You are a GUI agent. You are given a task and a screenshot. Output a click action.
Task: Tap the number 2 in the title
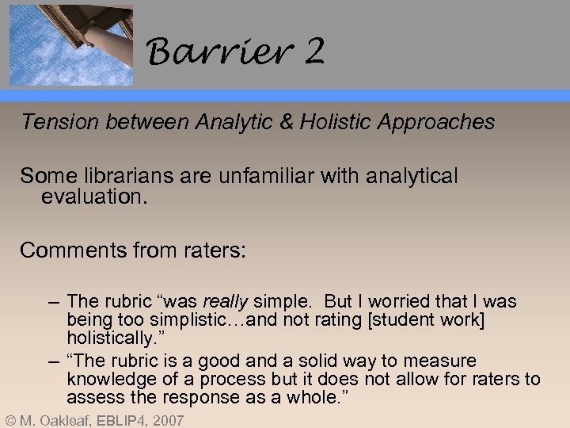pos(313,53)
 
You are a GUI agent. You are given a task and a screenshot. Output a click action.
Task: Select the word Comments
pos(70,251)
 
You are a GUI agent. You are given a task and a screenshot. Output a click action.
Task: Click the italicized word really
pos(226,302)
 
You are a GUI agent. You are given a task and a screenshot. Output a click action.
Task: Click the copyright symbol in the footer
pos(9,420)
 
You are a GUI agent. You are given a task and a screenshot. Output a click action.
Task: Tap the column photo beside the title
pos(71,43)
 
